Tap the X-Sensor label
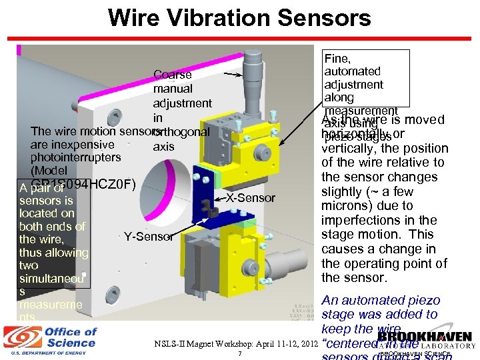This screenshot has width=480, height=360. click(250, 198)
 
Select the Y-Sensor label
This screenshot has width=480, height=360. click(149, 236)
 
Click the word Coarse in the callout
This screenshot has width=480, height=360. click(172, 75)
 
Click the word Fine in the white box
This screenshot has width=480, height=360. click(337, 59)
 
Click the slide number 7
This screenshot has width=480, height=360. click(239, 353)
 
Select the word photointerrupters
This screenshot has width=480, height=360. click(75, 157)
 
